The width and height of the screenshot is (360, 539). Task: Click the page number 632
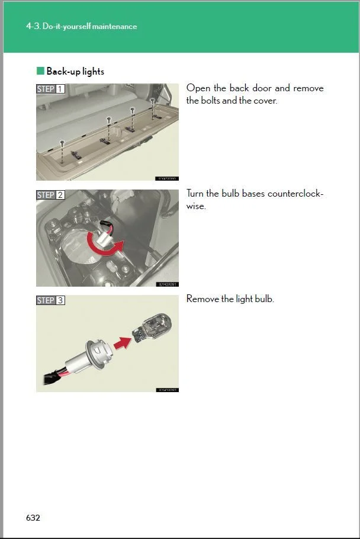point(33,518)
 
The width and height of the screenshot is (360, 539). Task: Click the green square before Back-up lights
point(40,71)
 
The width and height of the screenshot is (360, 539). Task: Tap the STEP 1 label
point(51,89)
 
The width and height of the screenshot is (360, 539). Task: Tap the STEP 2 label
point(51,195)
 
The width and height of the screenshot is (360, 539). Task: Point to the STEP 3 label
point(51,300)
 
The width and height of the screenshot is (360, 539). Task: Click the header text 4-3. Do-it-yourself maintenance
point(82,27)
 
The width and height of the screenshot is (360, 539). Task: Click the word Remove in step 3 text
point(202,299)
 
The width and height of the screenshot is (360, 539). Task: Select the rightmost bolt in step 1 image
point(153,101)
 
